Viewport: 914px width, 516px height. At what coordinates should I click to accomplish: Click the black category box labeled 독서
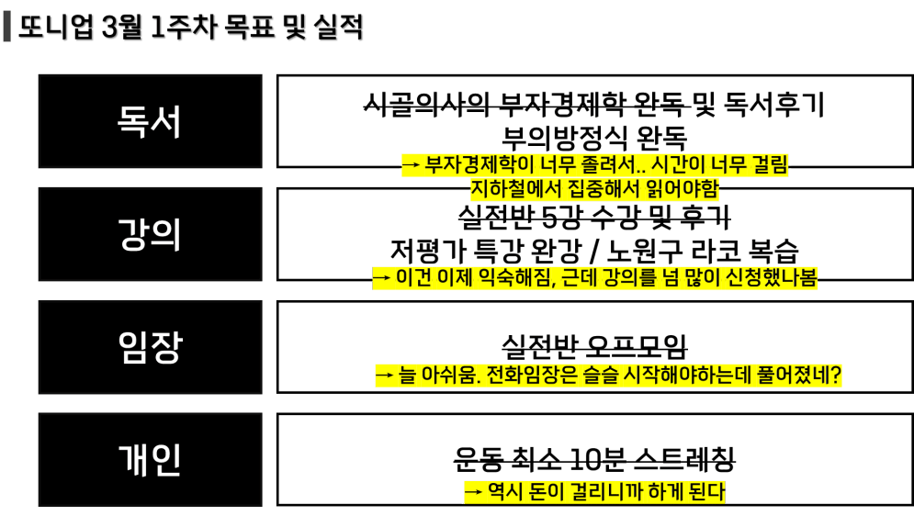[150, 121]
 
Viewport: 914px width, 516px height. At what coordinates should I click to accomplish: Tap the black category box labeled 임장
[150, 347]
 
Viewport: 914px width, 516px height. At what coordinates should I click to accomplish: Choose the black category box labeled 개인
[150, 459]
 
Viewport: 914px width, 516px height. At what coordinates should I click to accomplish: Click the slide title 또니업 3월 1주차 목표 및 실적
[191, 28]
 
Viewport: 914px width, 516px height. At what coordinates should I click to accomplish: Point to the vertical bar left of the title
[7, 28]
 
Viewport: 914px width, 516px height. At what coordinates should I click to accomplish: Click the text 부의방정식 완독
[594, 138]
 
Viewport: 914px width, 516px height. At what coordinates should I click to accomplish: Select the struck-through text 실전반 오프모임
[594, 347]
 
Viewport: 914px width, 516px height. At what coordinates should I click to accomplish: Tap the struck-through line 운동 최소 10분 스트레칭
[594, 458]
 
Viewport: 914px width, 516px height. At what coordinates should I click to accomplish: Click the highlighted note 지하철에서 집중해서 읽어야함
[594, 189]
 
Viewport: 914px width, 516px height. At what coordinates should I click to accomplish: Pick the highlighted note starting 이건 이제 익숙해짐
[594, 278]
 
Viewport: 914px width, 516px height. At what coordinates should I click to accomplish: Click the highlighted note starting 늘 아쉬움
[608, 376]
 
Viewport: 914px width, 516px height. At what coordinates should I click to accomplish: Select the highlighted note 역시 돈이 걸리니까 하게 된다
[594, 492]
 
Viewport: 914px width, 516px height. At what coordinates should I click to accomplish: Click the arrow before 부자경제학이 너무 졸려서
[411, 165]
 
